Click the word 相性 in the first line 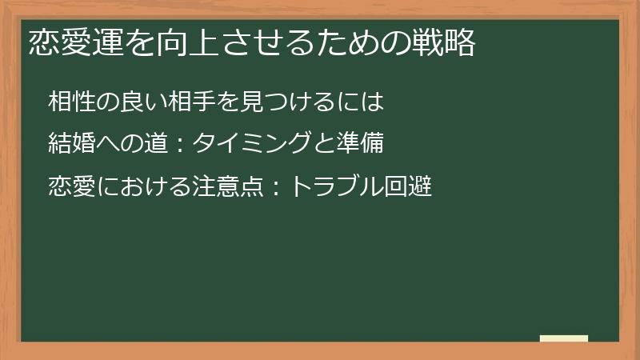[72, 102]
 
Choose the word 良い [131, 102]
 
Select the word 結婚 [72, 145]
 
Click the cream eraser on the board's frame [564, 338]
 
